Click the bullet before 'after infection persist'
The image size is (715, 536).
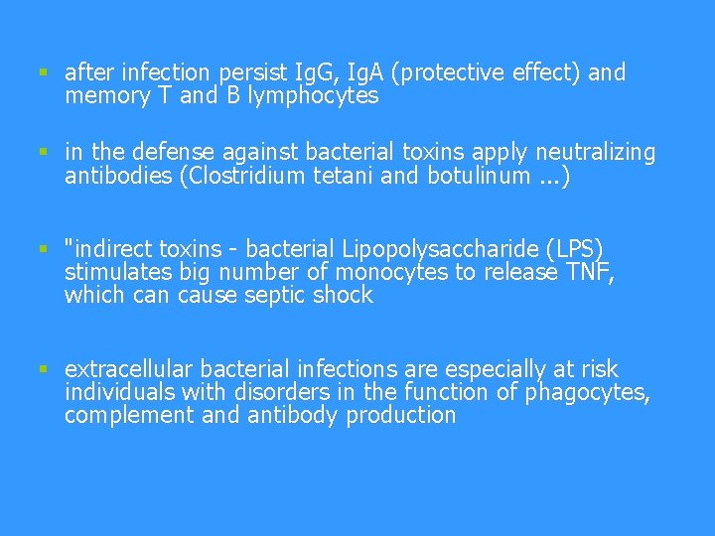(44, 72)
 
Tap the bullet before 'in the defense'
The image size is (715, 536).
(44, 152)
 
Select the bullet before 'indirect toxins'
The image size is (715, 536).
(44, 248)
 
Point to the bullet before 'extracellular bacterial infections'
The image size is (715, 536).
(44, 368)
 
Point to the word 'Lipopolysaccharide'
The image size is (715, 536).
(425, 248)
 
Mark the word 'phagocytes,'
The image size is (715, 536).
(587, 392)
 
